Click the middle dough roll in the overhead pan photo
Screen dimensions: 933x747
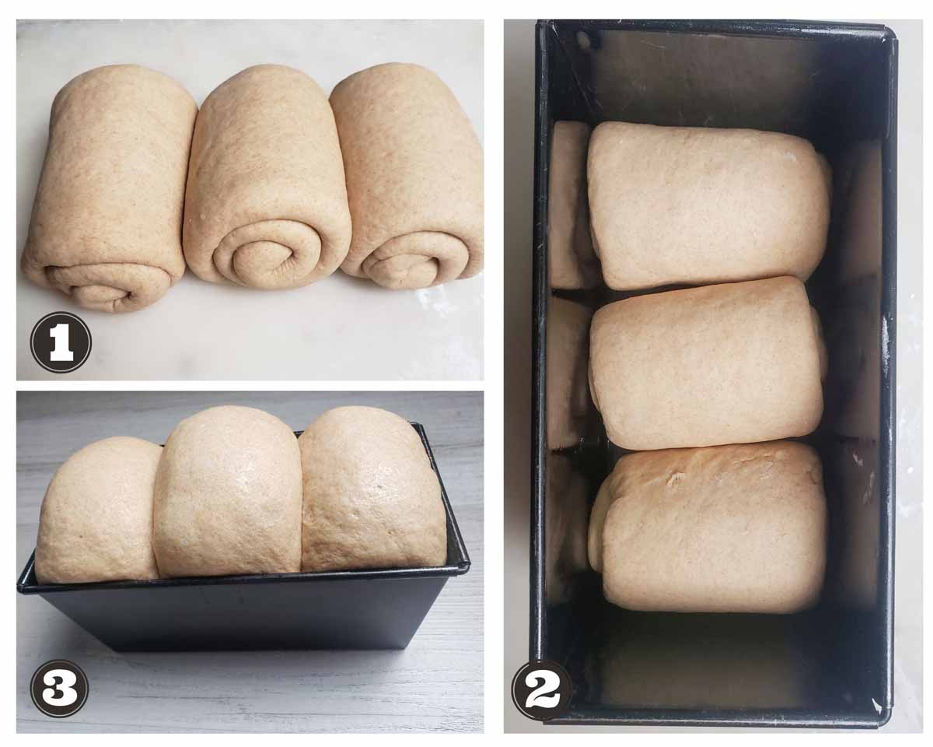coord(707,363)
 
